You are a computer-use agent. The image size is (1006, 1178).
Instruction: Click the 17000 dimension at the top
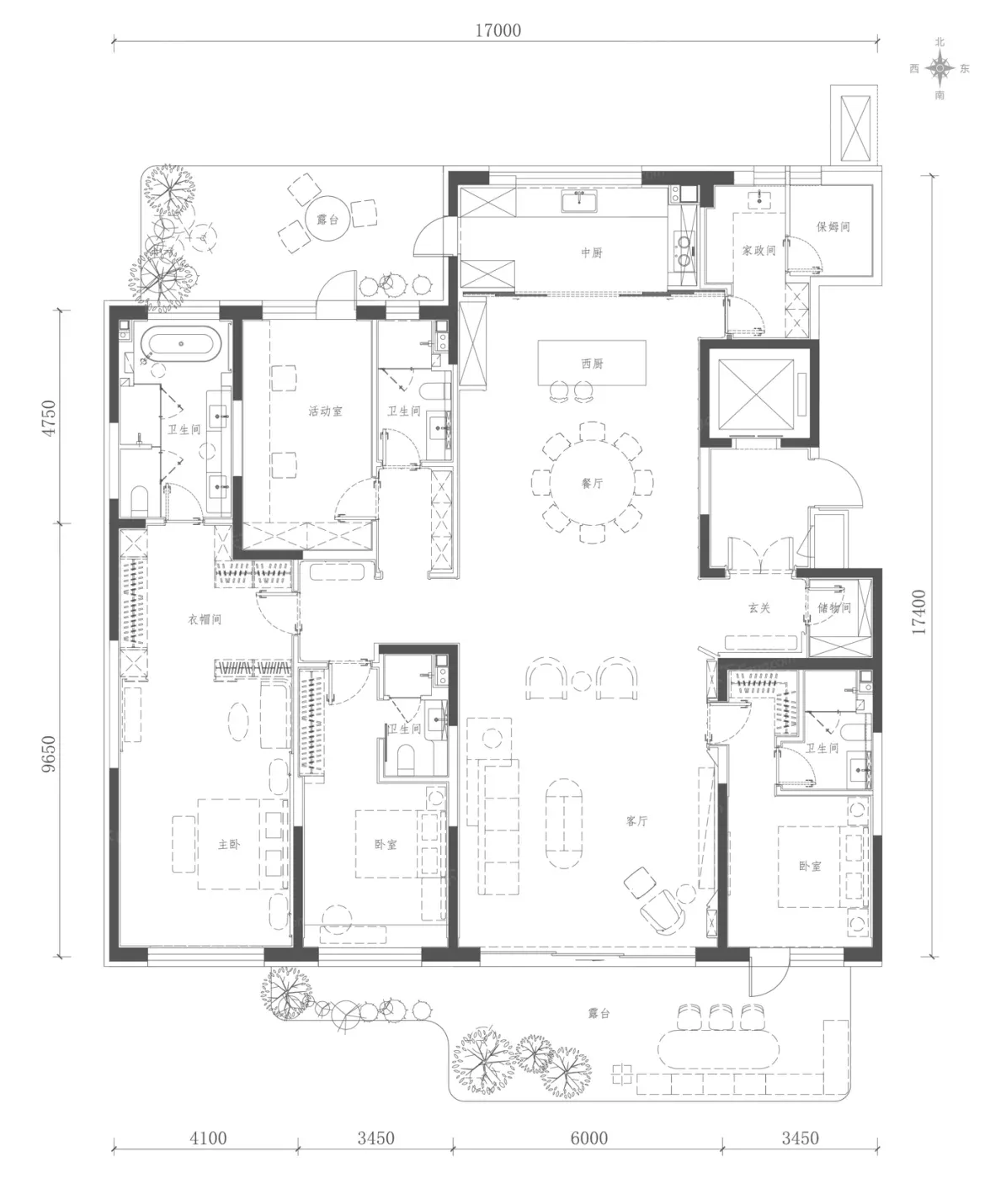[498, 30]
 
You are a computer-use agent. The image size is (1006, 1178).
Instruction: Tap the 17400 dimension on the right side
[918, 612]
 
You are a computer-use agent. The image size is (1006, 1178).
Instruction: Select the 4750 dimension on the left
[49, 417]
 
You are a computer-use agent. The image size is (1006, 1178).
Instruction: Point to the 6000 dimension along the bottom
[589, 1138]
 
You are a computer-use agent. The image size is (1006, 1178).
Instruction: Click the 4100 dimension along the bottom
[208, 1138]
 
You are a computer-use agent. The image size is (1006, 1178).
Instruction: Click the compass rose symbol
[939, 69]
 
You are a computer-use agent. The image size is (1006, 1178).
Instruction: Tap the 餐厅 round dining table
[592, 483]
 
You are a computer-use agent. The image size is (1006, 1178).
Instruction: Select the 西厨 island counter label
[592, 363]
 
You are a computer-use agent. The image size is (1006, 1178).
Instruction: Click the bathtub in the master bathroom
[181, 343]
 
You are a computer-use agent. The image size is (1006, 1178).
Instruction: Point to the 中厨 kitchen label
[592, 252]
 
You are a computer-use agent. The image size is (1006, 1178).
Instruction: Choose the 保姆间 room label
[833, 226]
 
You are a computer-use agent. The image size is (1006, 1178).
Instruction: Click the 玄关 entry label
[759, 608]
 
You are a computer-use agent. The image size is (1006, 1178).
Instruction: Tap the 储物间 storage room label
[834, 608]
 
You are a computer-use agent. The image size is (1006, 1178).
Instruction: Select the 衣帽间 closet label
[205, 619]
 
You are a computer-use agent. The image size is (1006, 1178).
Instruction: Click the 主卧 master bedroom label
[229, 844]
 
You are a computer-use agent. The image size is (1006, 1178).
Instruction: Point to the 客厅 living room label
[637, 820]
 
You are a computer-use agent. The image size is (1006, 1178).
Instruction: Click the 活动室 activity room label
[325, 411]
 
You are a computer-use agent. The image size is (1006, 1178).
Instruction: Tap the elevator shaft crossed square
[756, 394]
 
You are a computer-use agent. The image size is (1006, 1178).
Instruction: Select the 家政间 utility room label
[758, 250]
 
